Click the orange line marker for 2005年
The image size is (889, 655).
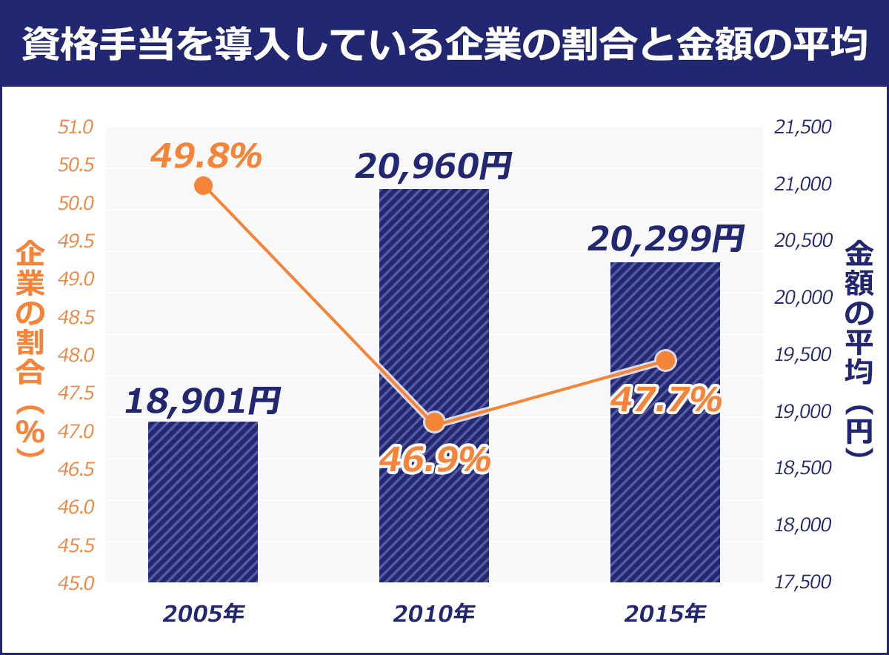pyautogui.click(x=203, y=185)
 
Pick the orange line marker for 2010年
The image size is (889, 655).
pyautogui.click(x=435, y=422)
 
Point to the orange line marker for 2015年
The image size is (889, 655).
pyautogui.click(x=665, y=361)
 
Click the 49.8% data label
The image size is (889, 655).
pyautogui.click(x=205, y=156)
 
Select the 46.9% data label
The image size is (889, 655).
pyautogui.click(x=434, y=460)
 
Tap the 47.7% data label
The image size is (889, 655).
pyautogui.click(x=665, y=401)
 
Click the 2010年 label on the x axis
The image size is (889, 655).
pyautogui.click(x=434, y=614)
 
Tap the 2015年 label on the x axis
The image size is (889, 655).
pyautogui.click(x=665, y=614)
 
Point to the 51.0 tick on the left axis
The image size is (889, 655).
pyautogui.click(x=76, y=128)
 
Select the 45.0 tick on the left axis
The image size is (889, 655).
pyautogui.click(x=76, y=583)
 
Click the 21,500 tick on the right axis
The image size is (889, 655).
pyautogui.click(x=802, y=128)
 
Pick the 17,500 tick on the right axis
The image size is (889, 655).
pyautogui.click(x=802, y=583)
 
